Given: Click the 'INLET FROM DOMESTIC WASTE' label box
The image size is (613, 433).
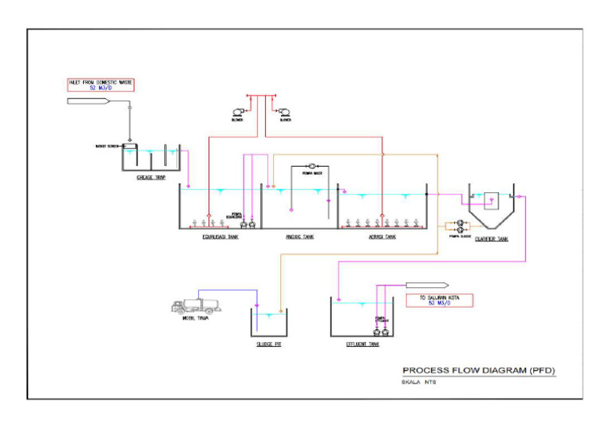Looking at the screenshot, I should [101, 85].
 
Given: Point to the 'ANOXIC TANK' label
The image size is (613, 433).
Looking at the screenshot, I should [299, 237].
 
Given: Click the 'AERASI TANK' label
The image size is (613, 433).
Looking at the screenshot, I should [382, 237].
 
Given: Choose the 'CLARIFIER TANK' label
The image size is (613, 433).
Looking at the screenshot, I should [491, 238].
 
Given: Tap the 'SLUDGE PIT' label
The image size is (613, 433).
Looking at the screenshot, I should [269, 344].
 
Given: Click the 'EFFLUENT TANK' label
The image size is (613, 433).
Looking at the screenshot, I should [362, 344].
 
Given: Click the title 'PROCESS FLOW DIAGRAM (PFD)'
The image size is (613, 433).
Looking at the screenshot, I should [478, 371].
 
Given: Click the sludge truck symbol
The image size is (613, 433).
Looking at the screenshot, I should [194, 305].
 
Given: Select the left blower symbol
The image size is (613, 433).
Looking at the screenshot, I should [237, 112].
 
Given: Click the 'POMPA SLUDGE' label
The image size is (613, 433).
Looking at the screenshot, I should [460, 236].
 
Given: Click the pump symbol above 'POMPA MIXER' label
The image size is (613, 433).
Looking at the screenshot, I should [311, 165].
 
